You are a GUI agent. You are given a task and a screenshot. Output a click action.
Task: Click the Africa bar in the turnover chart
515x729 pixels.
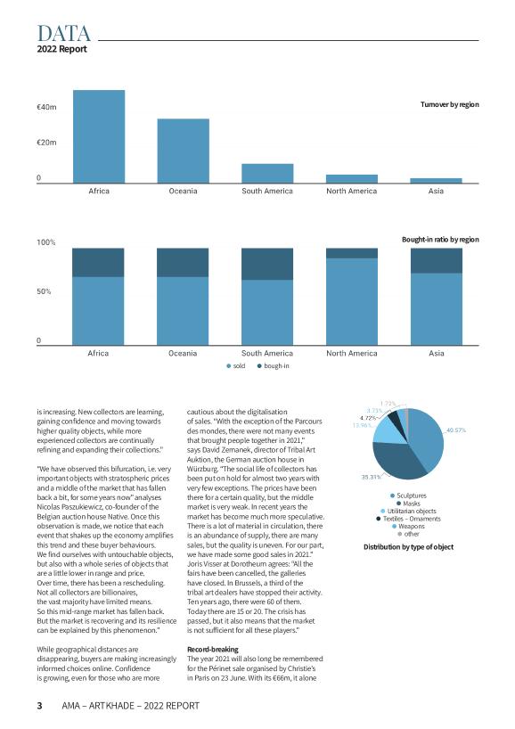pos(99,136)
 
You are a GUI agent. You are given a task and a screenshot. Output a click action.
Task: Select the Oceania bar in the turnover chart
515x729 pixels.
pos(184,151)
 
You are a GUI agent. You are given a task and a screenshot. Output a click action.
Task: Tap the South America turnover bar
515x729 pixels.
pos(267,174)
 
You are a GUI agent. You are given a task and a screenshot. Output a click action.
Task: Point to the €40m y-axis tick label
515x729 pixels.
pos(46,108)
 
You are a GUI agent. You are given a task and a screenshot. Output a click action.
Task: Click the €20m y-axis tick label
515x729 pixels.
pos(46,143)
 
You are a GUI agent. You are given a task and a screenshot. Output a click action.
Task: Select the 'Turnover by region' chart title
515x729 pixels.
pos(449,104)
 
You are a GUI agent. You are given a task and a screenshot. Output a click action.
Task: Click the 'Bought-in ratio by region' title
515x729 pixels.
pos(440,240)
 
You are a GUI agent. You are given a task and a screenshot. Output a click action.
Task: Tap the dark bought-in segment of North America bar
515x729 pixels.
pos(352,253)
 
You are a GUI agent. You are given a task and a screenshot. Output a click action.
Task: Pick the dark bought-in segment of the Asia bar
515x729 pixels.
pos(437,260)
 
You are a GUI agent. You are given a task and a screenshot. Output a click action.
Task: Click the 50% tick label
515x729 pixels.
pos(44,291)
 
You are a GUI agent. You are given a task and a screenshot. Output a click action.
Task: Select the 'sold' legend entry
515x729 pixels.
pos(235,366)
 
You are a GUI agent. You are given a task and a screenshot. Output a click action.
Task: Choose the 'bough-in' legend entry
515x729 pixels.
pos(273,366)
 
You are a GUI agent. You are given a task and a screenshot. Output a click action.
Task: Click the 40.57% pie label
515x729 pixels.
pos(456,430)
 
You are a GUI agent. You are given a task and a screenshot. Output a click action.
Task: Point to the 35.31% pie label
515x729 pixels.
pos(371,477)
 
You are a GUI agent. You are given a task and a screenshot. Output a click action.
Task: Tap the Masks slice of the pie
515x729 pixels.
pos(395,462)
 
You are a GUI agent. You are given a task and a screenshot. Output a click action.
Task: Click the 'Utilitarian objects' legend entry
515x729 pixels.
pos(408,511)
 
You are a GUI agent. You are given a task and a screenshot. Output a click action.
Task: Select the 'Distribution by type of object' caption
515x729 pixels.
pos(409,547)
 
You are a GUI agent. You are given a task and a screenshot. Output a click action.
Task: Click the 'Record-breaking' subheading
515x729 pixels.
pos(212,650)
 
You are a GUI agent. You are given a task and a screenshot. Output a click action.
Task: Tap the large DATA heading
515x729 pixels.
pos(63,34)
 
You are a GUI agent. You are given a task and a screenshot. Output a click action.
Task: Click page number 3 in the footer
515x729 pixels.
pos(39,706)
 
